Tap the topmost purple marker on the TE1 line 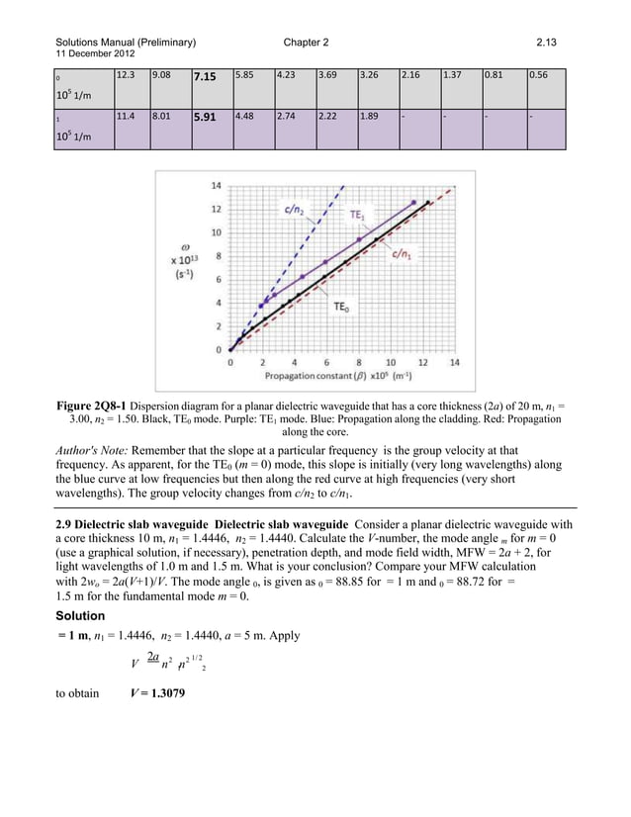[x=414, y=202]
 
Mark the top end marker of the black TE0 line [x=427, y=202]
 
